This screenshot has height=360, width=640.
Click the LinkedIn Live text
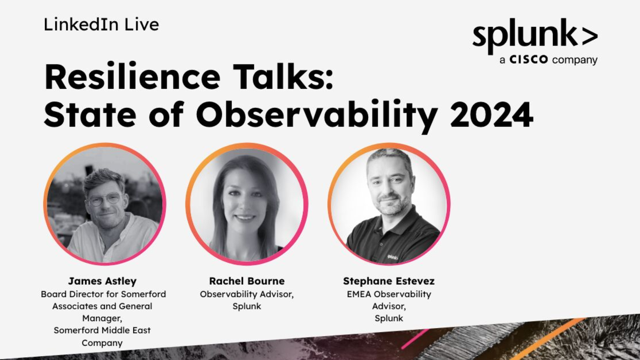click(101, 25)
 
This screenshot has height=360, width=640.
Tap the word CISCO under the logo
click(528, 60)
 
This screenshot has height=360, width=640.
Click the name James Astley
click(102, 281)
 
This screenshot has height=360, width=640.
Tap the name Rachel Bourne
click(247, 281)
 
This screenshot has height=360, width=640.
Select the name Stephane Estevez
click(389, 281)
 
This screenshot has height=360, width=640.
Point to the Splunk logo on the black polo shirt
click(392, 257)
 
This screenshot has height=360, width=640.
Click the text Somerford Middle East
click(102, 330)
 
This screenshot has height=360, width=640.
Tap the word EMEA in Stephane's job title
click(359, 294)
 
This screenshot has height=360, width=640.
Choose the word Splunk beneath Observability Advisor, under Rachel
click(247, 306)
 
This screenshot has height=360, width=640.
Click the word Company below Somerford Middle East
click(102, 343)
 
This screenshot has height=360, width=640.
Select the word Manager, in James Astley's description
click(102, 318)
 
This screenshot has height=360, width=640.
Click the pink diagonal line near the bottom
click(415, 339)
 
